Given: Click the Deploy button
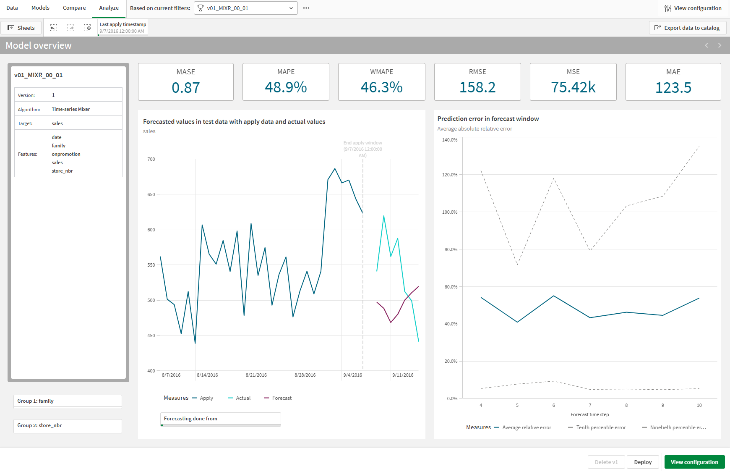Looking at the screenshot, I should pos(642,462).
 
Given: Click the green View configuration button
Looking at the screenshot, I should pos(694,462).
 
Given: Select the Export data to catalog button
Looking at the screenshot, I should pos(688,28).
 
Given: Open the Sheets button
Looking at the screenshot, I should pos(21,28).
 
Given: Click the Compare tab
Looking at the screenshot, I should pos(74,8).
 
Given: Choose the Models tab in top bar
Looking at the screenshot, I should pos(40,8).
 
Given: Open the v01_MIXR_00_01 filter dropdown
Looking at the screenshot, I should pos(245,8).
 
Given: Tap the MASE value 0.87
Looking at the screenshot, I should pos(186,87).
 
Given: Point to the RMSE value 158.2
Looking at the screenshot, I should pos(477,87).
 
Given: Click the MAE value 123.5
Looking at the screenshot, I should pos(673,87).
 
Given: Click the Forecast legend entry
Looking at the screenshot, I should pos(282,398).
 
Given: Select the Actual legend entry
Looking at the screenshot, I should pos(243,398).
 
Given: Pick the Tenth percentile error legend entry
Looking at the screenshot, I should pos(601,427).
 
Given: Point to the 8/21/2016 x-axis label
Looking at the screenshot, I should pos(256,375).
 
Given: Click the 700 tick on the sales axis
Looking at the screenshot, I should pos(151,159).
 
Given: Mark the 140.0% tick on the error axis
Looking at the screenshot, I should pos(449,140).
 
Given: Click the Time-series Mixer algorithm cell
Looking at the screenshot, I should pos(71,109).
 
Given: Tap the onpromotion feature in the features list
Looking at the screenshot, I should pos(66,154).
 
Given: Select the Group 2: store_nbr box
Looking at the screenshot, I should pos(68,425).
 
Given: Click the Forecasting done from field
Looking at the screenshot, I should pos(220,419).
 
